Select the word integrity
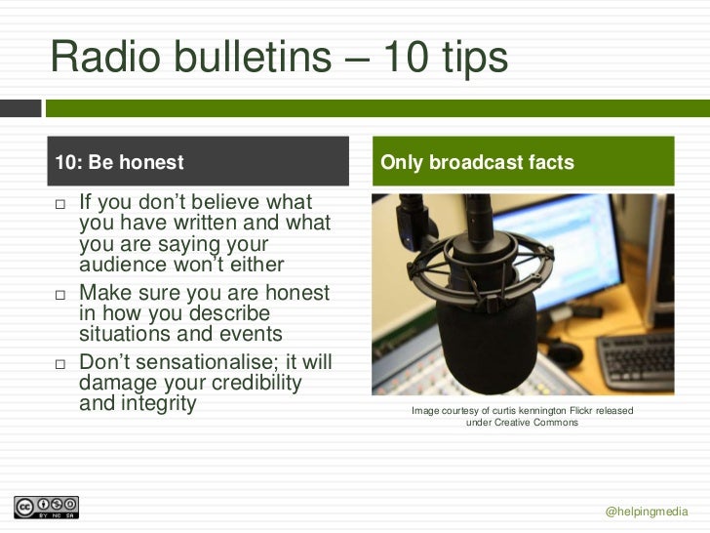(x=156, y=402)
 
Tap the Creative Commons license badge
(x=46, y=508)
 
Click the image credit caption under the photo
(x=522, y=417)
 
